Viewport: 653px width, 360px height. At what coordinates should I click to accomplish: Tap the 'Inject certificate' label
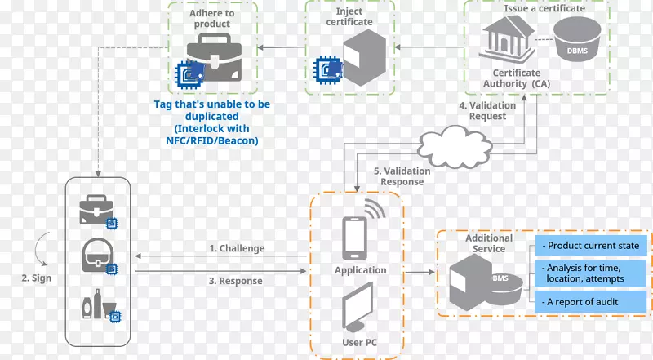349,16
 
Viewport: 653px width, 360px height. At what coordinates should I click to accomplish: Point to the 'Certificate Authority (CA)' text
516,78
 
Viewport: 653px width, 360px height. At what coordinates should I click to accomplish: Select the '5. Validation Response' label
402,176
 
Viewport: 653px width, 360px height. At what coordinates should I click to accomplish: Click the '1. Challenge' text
236,248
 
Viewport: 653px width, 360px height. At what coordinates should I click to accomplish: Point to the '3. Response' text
235,281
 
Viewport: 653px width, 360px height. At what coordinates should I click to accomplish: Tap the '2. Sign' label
37,278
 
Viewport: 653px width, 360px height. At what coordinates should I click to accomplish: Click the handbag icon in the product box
96,255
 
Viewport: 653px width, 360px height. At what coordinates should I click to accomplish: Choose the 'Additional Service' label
489,242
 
